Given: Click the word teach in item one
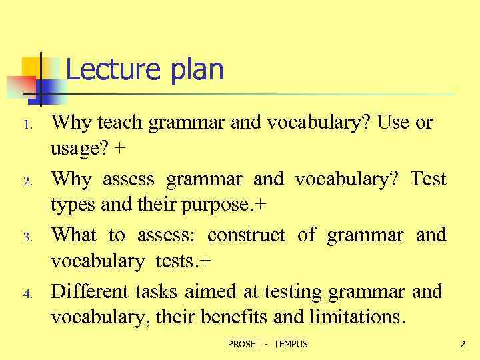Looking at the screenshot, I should click(x=121, y=122).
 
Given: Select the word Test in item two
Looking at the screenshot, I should click(x=427, y=179).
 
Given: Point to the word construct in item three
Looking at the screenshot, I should click(x=246, y=235).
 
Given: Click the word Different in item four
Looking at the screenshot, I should click(x=89, y=291).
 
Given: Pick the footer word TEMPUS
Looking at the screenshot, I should click(x=291, y=344).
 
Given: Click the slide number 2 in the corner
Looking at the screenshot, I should click(x=462, y=344).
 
